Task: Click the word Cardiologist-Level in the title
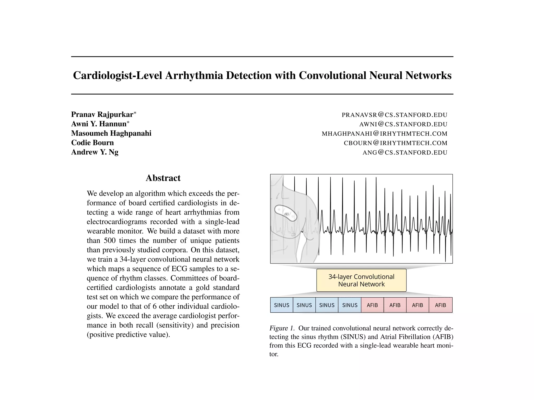click(117, 76)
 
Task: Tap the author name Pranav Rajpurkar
click(102, 114)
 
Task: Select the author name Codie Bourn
click(92, 143)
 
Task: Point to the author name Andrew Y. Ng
click(95, 152)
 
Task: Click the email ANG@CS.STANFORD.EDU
click(405, 153)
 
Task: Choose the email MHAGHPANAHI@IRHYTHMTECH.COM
click(384, 134)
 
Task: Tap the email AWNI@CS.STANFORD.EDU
click(403, 124)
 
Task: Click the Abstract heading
click(163, 178)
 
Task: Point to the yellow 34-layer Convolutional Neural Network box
click(361, 280)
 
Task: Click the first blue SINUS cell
click(282, 305)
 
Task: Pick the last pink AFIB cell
click(440, 305)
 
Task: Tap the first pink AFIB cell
click(372, 305)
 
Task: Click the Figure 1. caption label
click(282, 328)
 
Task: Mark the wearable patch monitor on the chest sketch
click(286, 213)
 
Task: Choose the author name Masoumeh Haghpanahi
click(111, 133)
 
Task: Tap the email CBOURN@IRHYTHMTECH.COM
click(395, 143)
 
